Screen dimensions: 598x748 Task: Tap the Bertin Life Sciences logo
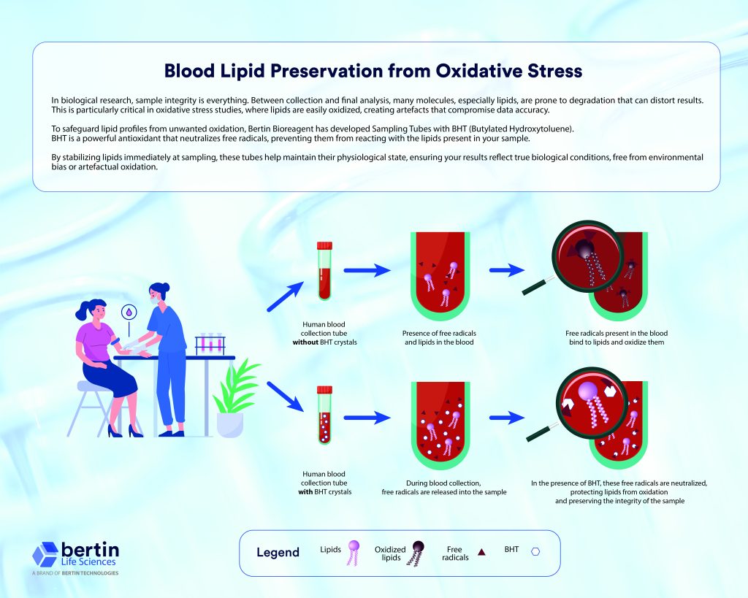[x=76, y=555]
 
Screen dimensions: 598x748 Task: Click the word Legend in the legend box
[x=278, y=552]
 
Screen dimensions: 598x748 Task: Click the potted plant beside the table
[x=233, y=402]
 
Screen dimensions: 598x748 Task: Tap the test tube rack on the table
[x=210, y=345]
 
